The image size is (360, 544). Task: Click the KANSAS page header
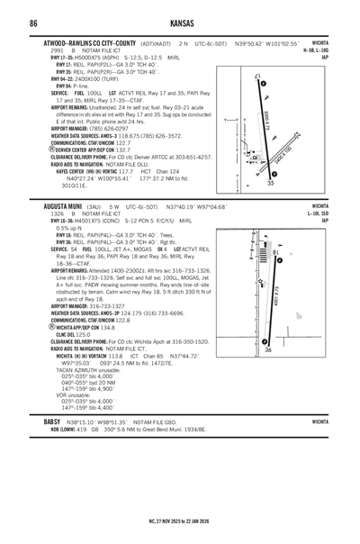pyautogui.click(x=179, y=21)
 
